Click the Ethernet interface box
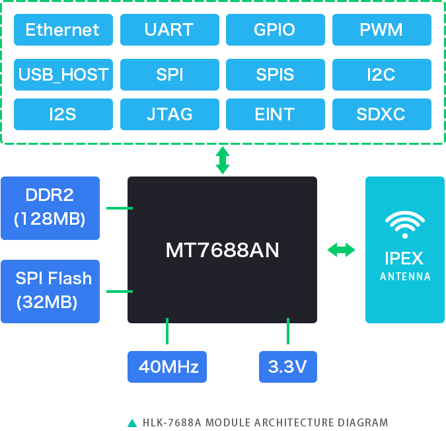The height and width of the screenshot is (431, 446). [x=63, y=30]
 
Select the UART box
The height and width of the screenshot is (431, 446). [x=170, y=30]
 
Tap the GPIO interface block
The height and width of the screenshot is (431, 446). [x=276, y=30]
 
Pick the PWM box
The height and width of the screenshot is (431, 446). [x=382, y=30]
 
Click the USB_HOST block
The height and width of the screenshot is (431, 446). [x=63, y=75]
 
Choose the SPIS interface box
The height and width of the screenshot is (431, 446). [x=276, y=75]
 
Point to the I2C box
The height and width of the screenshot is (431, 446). [x=382, y=75]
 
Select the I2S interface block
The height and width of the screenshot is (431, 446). [x=63, y=114]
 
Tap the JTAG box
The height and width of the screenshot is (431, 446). [x=170, y=114]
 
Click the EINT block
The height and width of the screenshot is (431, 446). [x=276, y=114]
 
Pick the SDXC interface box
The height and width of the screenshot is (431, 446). [x=382, y=114]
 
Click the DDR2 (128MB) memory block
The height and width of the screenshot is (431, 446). [x=50, y=208]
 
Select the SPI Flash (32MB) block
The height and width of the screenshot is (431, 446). [x=50, y=292]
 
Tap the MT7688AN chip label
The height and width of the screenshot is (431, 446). [x=222, y=250]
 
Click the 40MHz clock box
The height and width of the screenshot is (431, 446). [x=167, y=367]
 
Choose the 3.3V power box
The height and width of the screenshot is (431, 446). [x=288, y=367]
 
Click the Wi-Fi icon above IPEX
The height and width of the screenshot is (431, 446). [x=405, y=225]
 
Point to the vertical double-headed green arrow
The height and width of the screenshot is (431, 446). [x=223, y=160]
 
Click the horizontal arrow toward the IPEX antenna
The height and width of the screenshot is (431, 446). [x=341, y=250]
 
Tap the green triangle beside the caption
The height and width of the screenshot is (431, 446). [x=132, y=423]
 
